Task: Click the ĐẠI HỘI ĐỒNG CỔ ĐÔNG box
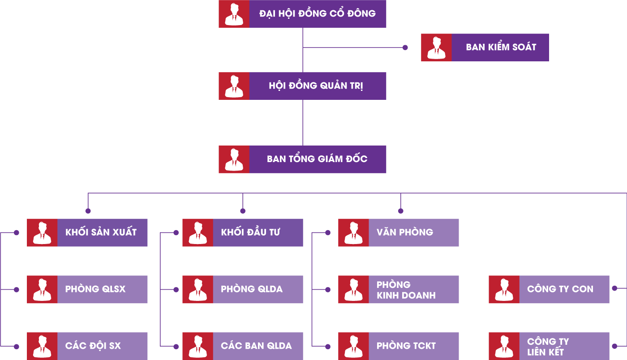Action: (302, 14)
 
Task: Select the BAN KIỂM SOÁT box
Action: (485, 47)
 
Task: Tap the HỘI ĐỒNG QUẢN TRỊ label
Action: (316, 86)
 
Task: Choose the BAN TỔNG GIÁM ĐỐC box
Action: (302, 159)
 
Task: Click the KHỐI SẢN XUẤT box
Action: (87, 232)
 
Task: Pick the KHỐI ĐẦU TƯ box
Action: (243, 232)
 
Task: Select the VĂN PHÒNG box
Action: (399, 232)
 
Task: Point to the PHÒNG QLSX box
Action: (87, 289)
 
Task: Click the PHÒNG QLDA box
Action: (243, 289)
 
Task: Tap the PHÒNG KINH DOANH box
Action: (399, 289)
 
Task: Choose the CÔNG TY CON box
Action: (549, 289)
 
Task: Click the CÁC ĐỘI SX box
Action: (87, 346)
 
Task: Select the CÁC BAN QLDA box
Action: (243, 346)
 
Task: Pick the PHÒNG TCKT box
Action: (399, 346)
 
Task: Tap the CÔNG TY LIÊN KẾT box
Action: (549, 346)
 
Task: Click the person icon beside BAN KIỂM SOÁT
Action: (436, 47)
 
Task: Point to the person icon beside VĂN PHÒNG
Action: (353, 232)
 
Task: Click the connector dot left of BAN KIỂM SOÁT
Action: (405, 47)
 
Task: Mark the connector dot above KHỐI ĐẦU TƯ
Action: (243, 211)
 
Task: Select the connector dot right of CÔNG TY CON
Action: (614, 288)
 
